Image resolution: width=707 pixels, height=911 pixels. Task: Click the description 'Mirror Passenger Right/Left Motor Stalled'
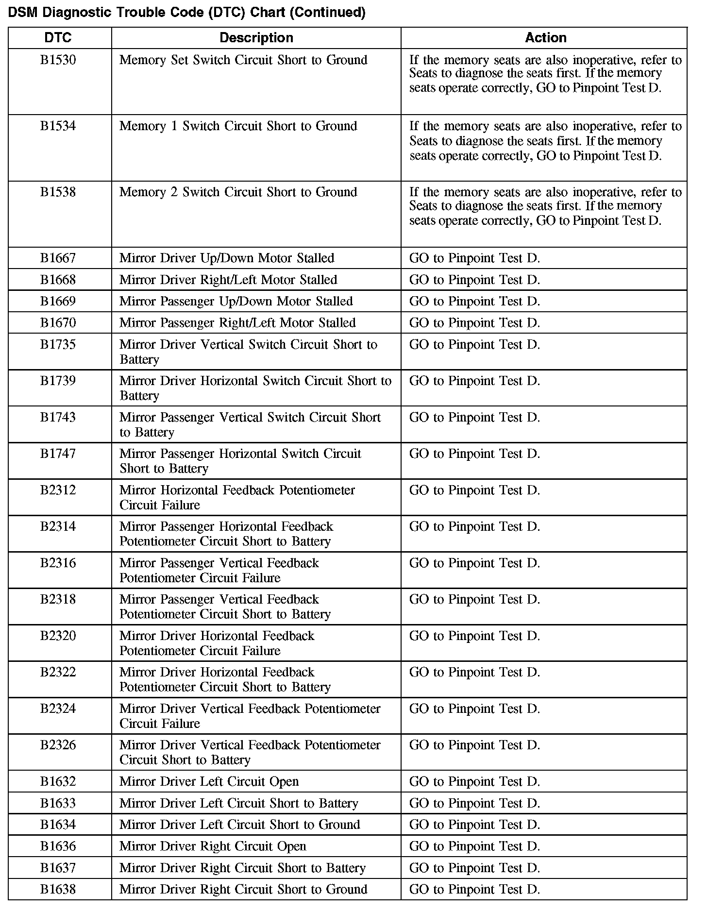point(237,323)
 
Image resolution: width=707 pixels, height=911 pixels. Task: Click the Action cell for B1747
point(474,454)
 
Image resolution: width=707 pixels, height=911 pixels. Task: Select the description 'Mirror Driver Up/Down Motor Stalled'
point(227,258)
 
